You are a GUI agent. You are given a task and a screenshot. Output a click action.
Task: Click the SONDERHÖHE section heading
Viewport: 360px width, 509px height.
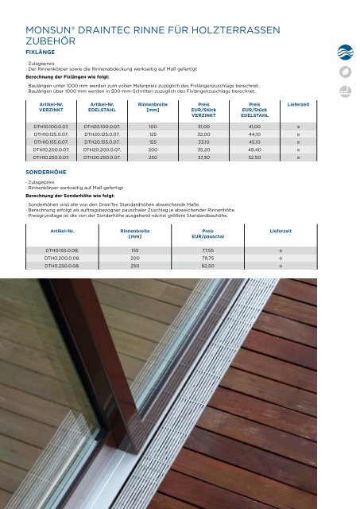pos(47,170)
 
